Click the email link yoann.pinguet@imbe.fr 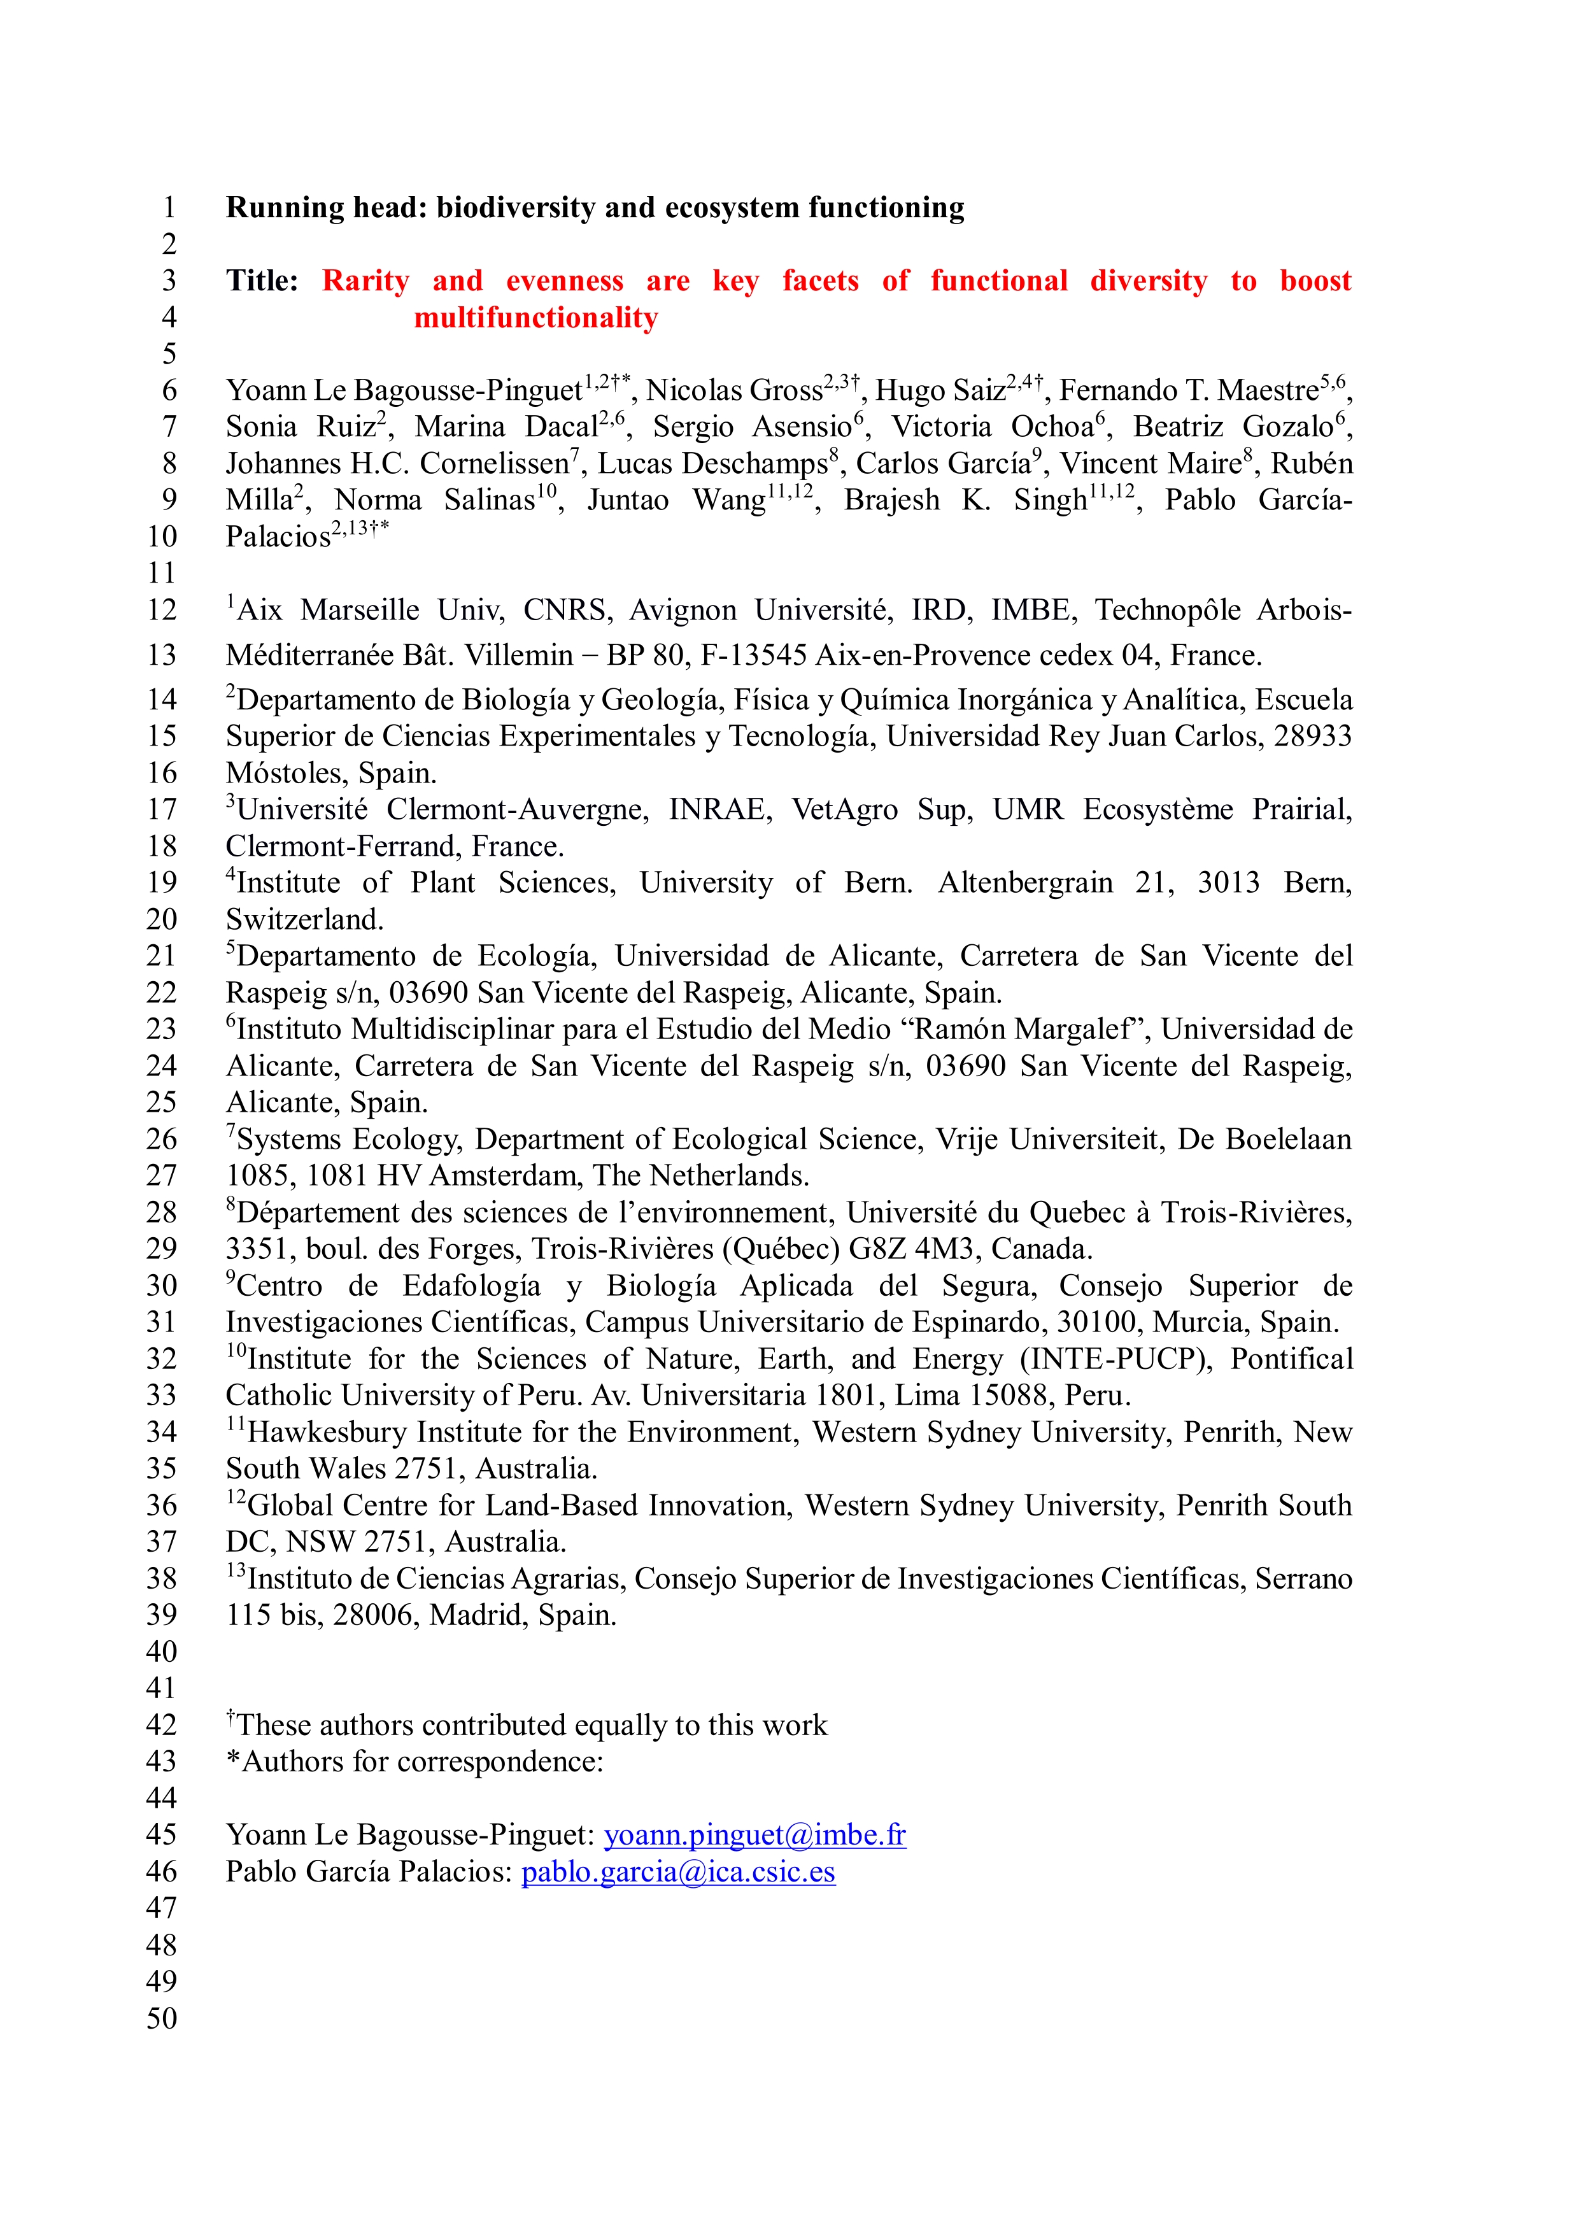[x=754, y=1835]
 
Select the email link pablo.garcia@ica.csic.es [x=677, y=1872]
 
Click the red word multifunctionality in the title [x=535, y=318]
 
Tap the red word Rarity [x=365, y=281]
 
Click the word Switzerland [x=304, y=919]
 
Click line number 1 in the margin [x=169, y=208]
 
